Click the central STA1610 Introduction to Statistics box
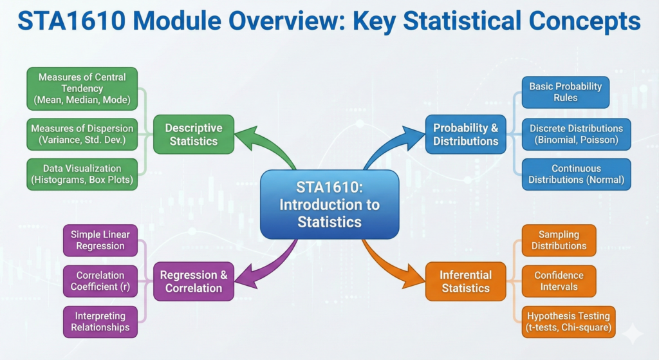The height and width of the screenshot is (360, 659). pos(329,204)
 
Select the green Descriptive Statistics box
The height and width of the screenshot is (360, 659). pos(193,134)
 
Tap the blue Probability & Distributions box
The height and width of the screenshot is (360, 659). pos(466,134)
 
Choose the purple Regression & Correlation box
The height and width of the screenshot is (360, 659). pos(193,281)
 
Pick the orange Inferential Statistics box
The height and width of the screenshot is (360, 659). pos(466,281)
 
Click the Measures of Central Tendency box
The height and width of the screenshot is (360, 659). pos(82,89)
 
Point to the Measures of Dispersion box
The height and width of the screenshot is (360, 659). pos(82,134)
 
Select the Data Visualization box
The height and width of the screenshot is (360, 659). pos(82,174)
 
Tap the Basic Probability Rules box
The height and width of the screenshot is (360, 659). pos(565,92)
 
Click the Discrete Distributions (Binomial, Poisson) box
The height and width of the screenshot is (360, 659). pos(576,134)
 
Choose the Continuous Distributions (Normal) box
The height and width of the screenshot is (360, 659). pos(576,174)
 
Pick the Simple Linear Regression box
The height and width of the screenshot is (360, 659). pos(100,240)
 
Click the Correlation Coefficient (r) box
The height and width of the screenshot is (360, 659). pos(100,281)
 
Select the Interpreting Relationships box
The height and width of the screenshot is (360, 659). pos(100,322)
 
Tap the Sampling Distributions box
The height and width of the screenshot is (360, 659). pos(559,240)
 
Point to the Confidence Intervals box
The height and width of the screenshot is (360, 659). pos(559,281)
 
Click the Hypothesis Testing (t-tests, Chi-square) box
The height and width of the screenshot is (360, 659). pos(568,322)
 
